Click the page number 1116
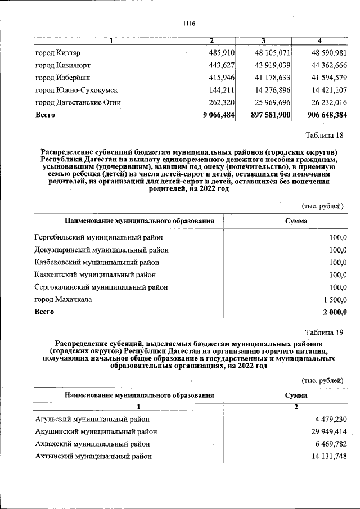pyautogui.click(x=188, y=23)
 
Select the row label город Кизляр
pyautogui.click(x=58, y=53)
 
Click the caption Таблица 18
pyautogui.click(x=324, y=135)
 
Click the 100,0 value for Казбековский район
pyautogui.click(x=338, y=262)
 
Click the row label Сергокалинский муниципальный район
pyautogui.click(x=101, y=287)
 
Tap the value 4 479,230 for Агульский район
pyautogui.click(x=327, y=420)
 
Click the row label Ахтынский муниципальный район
pyautogui.click(x=93, y=456)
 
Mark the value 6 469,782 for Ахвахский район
pyautogui.click(x=327, y=444)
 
